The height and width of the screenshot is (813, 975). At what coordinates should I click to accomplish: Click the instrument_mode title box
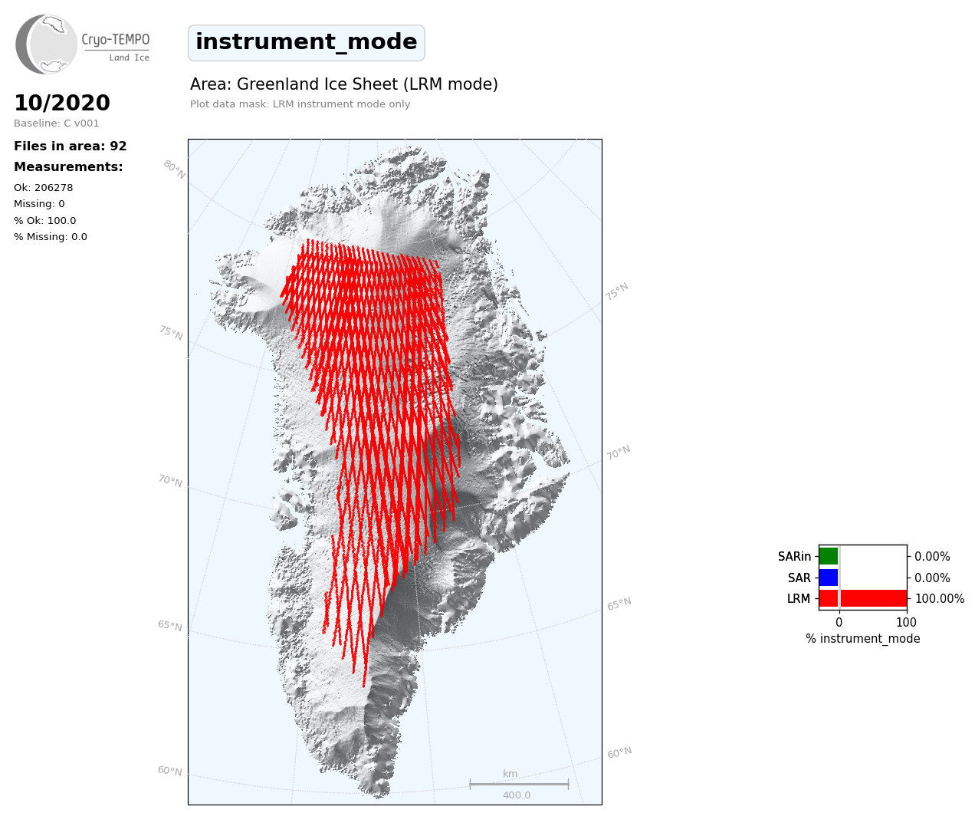[x=307, y=43]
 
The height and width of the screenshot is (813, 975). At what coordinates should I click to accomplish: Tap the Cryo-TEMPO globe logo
[x=46, y=44]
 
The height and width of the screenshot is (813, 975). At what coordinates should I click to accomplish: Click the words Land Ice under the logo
[x=130, y=58]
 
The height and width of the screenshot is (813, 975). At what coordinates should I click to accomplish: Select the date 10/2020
[x=62, y=103]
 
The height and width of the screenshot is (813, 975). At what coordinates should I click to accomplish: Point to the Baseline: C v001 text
[x=57, y=123]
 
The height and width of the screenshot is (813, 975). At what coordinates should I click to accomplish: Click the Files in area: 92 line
[x=71, y=146]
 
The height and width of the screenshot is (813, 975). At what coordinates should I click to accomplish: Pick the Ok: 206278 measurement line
[x=44, y=187]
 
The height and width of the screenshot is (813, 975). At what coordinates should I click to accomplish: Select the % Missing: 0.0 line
[x=51, y=237]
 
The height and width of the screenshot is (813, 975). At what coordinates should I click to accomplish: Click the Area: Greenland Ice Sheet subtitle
[x=344, y=84]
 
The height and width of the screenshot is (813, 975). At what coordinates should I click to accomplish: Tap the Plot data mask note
[x=300, y=104]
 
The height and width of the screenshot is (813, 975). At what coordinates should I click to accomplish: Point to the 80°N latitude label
[x=175, y=170]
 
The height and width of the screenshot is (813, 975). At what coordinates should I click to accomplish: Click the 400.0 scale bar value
[x=517, y=795]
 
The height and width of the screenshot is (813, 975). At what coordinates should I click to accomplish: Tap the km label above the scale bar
[x=510, y=773]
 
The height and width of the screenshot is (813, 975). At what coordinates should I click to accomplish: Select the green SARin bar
[x=829, y=556]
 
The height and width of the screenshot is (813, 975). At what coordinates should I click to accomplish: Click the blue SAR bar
[x=829, y=578]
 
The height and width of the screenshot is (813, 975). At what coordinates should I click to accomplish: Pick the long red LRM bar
[x=863, y=598]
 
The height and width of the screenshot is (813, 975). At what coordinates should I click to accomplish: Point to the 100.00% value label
[x=940, y=598]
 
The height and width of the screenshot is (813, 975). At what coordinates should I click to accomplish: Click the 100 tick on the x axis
[x=906, y=622]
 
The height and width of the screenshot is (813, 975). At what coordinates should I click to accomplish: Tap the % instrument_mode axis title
[x=863, y=639]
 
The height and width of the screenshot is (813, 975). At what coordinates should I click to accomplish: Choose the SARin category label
[x=794, y=557]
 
